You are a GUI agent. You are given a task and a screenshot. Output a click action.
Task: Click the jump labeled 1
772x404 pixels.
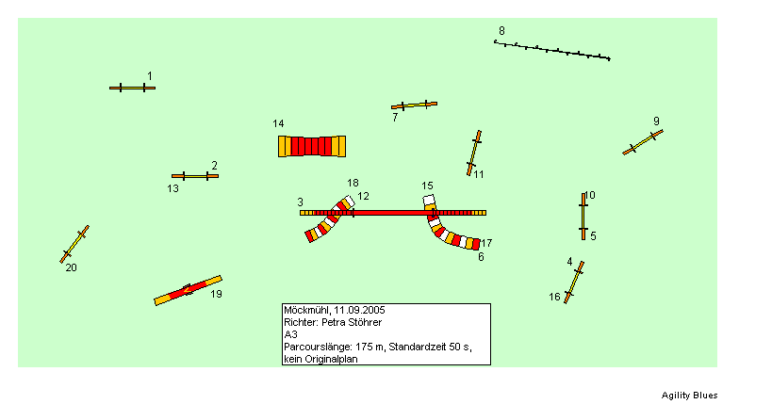[x=133, y=89]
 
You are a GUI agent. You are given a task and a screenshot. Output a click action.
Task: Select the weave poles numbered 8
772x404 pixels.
[x=552, y=50]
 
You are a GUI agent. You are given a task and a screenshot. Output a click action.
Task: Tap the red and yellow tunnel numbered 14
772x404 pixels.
[x=312, y=146]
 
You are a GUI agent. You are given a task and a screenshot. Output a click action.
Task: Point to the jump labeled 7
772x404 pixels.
[x=414, y=105]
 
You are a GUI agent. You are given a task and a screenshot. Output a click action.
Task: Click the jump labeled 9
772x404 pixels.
[x=643, y=142]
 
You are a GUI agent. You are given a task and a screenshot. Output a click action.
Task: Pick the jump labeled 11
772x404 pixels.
[x=474, y=154]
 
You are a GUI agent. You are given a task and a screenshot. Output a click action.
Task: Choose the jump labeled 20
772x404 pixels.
[x=74, y=244]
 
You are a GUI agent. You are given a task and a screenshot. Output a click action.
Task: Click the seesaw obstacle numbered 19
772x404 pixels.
[x=189, y=290]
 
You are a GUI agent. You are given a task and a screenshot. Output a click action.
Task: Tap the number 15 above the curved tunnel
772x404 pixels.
[x=427, y=186]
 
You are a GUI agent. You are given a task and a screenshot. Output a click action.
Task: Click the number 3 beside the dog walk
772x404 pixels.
[x=301, y=202]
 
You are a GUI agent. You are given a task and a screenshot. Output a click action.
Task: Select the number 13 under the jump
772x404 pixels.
[x=172, y=188]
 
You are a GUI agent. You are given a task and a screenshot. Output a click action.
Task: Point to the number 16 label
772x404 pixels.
[x=555, y=297]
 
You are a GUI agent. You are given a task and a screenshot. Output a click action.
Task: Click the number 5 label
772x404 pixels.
[x=593, y=236]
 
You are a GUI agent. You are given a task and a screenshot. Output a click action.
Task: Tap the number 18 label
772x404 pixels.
[x=353, y=183]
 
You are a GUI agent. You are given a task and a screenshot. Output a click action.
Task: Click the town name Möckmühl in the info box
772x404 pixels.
[x=306, y=310]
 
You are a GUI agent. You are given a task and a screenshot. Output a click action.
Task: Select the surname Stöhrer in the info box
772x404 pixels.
[x=365, y=322]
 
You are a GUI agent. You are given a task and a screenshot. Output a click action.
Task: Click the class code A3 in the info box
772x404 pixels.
[x=290, y=334]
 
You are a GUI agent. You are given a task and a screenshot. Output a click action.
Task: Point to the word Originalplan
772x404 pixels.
[x=331, y=359]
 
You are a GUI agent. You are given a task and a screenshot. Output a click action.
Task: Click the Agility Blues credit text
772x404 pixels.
[x=689, y=396]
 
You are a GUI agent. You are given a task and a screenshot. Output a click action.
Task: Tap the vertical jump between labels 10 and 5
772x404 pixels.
[x=583, y=217]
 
